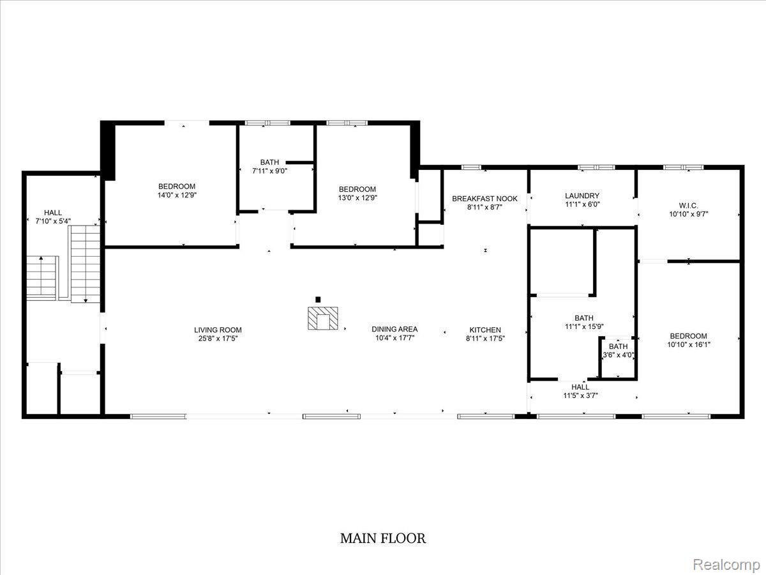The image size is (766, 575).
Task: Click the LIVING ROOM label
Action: (218, 330)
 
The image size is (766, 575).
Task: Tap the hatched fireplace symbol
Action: (323, 318)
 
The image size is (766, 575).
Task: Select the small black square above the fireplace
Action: (318, 299)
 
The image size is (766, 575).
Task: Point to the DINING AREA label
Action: (394, 329)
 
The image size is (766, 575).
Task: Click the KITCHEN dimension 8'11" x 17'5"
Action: (485, 339)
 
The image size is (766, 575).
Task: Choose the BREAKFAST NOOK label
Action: (484, 199)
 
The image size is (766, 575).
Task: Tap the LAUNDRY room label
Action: (582, 196)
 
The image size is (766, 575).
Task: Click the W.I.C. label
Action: (689, 206)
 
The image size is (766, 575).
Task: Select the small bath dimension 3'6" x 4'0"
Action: (619, 355)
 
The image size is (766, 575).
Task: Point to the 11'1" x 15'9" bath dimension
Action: (584, 326)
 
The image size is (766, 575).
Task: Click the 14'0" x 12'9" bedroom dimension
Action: (177, 195)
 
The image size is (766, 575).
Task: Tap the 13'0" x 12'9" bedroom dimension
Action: (357, 198)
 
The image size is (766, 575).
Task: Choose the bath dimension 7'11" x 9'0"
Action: (269, 171)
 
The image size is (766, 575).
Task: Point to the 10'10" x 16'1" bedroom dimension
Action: (689, 344)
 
